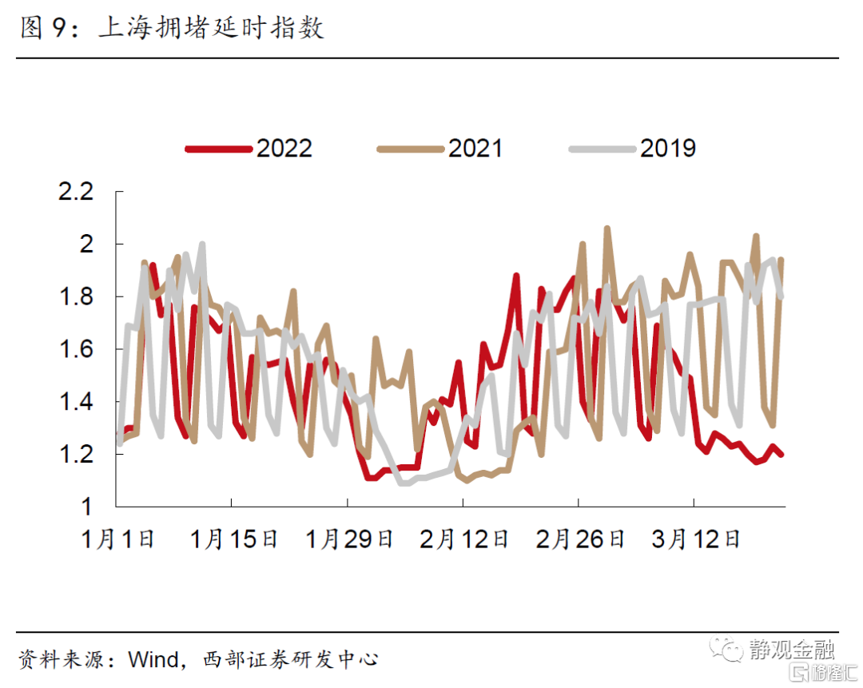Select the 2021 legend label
(475, 149)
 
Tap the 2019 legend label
(668, 149)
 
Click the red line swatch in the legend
(217, 149)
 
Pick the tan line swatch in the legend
(409, 149)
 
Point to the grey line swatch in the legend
(602, 149)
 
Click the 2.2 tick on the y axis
(77, 192)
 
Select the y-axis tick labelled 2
(89, 244)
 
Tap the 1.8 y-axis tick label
(77, 296)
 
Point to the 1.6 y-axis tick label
(77, 349)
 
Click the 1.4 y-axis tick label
(77, 402)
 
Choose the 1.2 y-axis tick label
(77, 455)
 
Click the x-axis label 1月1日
(117, 539)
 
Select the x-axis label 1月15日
(233, 539)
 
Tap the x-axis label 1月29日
(349, 539)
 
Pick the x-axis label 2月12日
(464, 539)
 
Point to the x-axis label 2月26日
(580, 539)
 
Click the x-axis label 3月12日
(695, 539)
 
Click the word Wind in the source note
(153, 660)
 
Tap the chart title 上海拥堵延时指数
(211, 29)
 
